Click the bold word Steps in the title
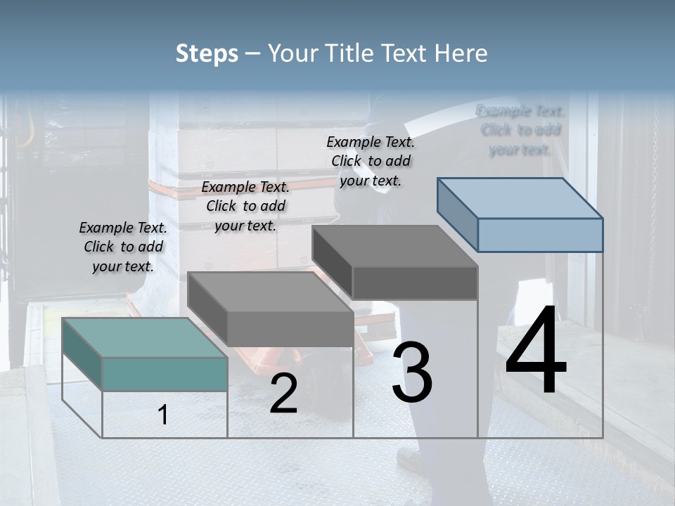(206, 53)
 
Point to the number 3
(412, 372)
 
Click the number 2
(283, 394)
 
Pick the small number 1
(163, 415)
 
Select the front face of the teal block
(165, 374)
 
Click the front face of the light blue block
(540, 235)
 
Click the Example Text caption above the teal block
(123, 247)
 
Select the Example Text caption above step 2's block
(245, 206)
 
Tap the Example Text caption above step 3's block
(371, 161)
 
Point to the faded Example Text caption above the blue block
(520, 130)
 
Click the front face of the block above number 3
(415, 283)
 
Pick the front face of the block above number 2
(290, 329)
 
